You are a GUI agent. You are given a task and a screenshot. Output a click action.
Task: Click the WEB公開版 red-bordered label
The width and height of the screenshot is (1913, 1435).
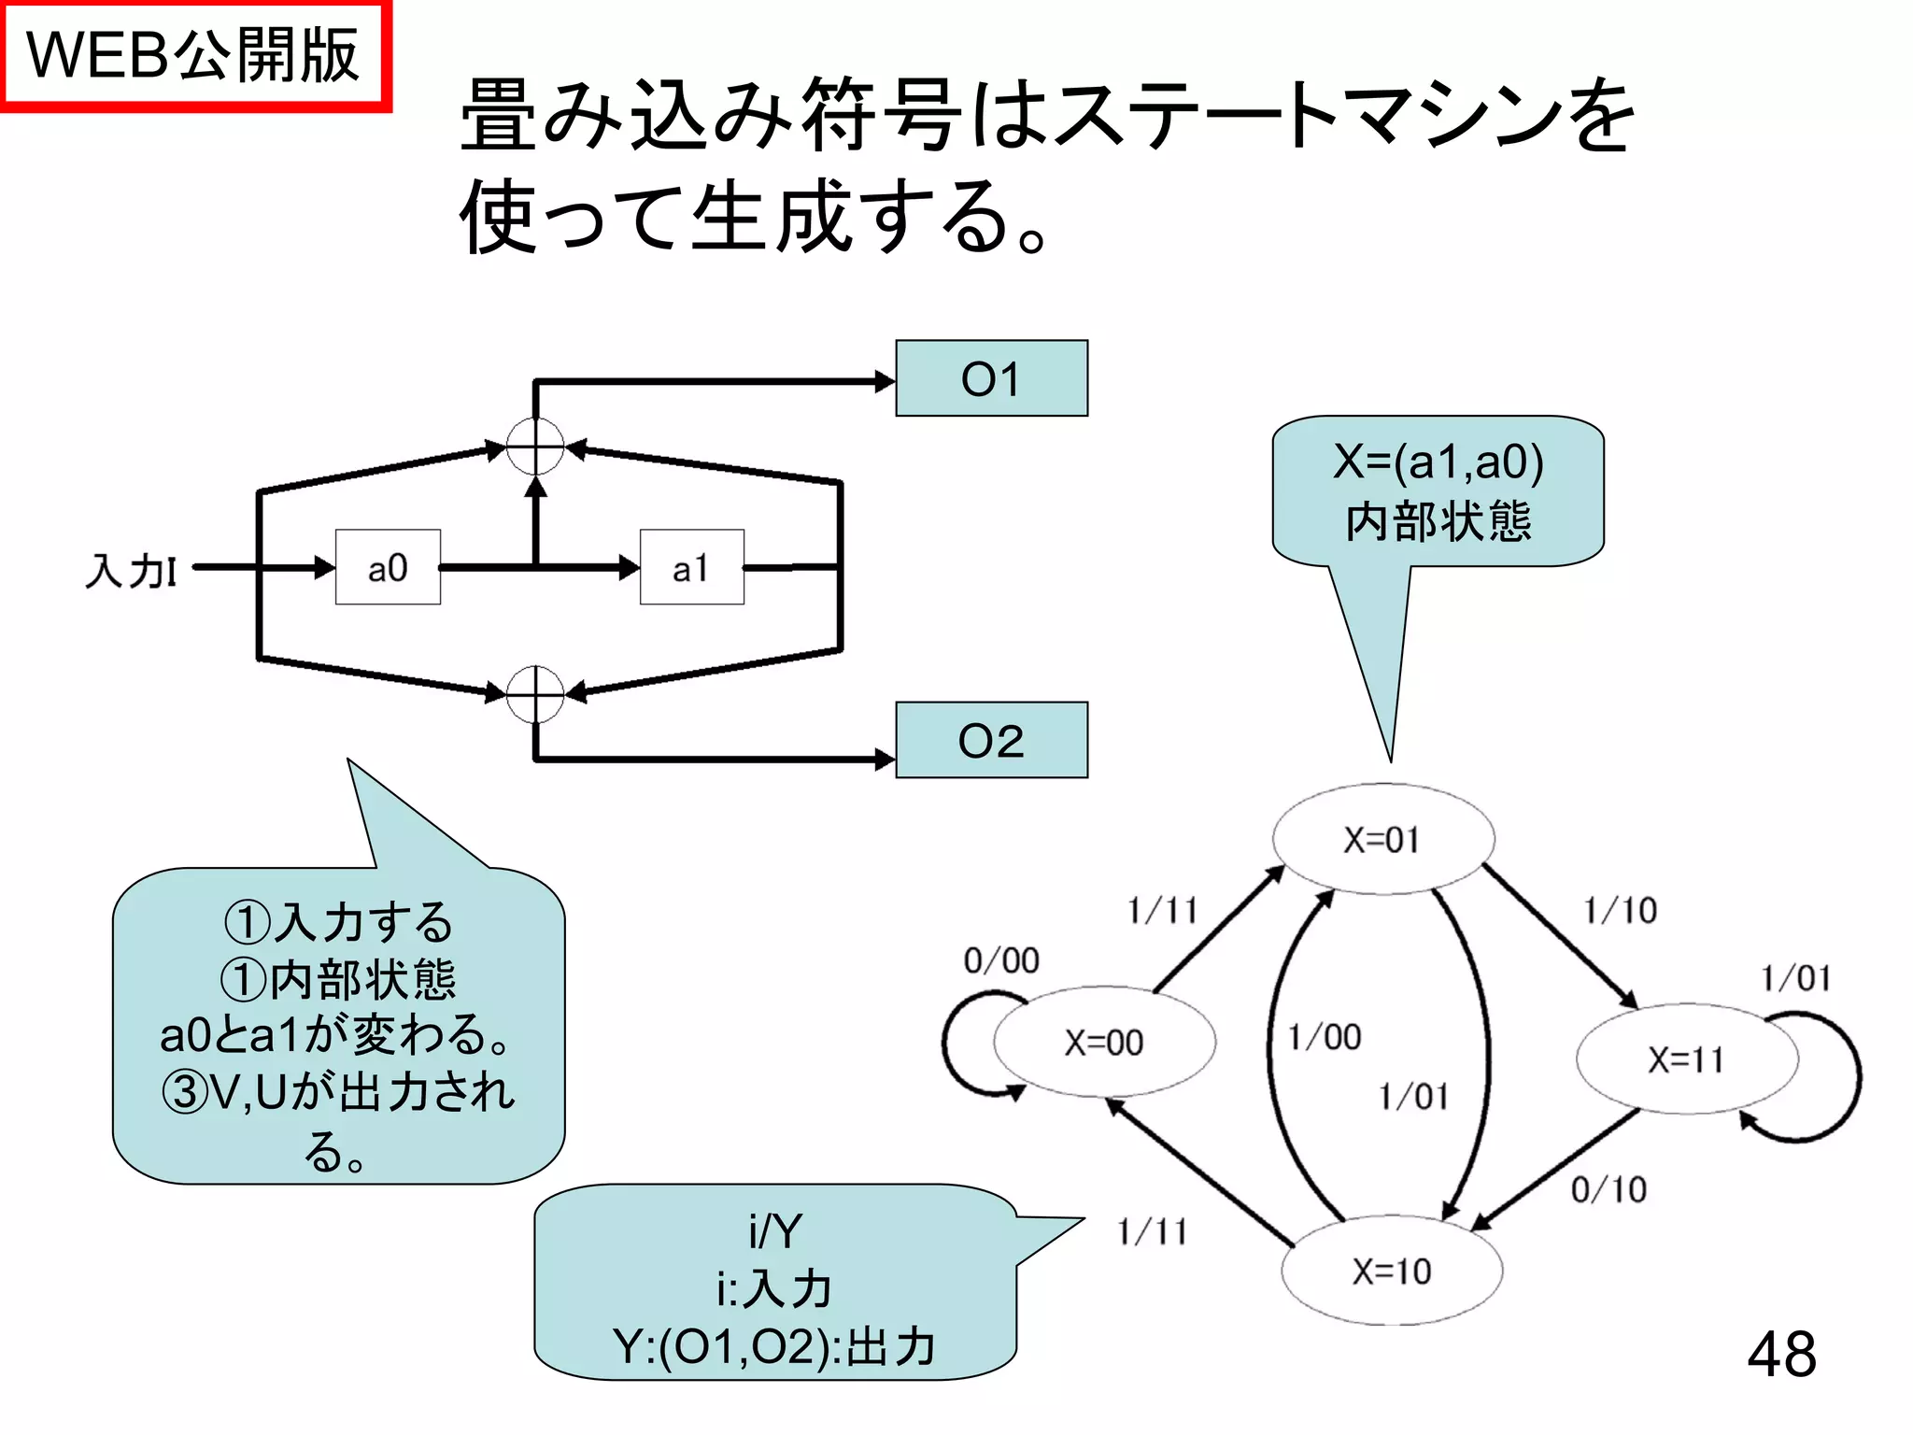(193, 55)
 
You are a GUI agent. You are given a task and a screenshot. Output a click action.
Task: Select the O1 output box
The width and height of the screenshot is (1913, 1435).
(991, 378)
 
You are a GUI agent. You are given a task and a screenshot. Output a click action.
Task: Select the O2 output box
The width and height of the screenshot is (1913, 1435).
(991, 740)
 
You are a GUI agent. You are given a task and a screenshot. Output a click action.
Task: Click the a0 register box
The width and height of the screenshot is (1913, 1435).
(388, 567)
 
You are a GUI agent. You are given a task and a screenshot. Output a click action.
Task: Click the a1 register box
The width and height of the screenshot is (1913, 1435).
(691, 567)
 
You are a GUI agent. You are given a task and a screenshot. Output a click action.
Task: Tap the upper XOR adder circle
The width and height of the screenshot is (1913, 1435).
(535, 447)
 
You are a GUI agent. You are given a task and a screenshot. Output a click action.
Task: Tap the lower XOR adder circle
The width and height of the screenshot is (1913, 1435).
(535, 694)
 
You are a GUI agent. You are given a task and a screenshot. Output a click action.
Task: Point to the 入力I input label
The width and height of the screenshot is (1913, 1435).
(131, 570)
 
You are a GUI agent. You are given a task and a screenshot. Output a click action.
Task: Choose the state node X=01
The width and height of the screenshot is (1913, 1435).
(1382, 839)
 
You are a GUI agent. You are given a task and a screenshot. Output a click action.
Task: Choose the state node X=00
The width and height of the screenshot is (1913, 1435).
(1104, 1042)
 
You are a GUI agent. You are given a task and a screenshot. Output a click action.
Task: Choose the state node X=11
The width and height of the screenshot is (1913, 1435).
(1686, 1059)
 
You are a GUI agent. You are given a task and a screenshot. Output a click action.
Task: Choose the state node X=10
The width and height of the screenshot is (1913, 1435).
(1392, 1271)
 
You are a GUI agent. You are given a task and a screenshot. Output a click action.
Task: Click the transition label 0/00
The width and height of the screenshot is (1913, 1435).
(1001, 960)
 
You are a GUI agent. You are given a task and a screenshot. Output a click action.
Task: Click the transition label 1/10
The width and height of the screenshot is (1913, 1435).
(1621, 910)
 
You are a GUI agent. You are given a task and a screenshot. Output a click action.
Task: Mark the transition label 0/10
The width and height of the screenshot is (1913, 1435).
(1608, 1189)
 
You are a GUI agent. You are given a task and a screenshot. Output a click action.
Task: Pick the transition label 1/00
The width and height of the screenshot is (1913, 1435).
(1325, 1037)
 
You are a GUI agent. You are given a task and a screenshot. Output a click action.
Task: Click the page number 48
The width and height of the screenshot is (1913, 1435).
(1781, 1354)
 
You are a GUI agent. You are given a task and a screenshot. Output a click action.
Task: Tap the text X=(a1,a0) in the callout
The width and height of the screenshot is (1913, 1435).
(1438, 462)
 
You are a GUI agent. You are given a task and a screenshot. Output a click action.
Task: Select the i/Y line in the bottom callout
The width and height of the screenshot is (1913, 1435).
(774, 1231)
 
